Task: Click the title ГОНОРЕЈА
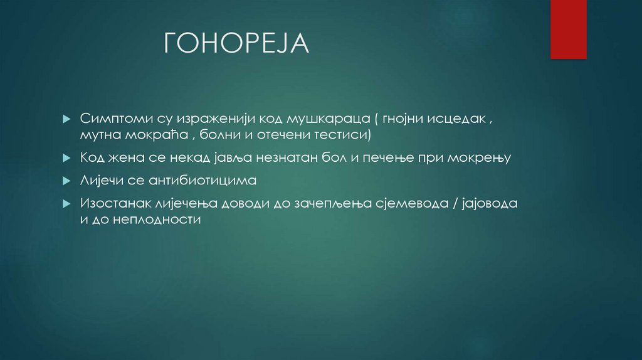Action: point(236,43)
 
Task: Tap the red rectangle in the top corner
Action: point(568,29)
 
